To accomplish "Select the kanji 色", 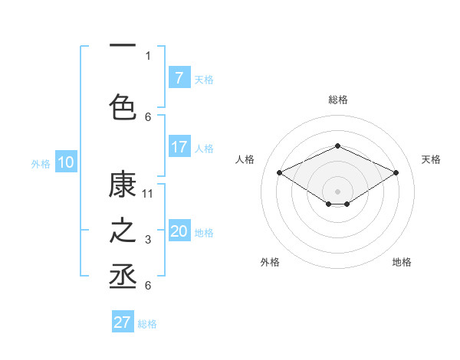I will click(x=123, y=106).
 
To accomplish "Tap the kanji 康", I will click(x=123, y=185).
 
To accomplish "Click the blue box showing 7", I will click(x=179, y=78).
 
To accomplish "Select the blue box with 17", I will click(x=179, y=147).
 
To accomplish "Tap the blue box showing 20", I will click(x=179, y=232).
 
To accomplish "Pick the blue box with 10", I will click(x=66, y=162).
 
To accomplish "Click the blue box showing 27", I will click(x=123, y=322).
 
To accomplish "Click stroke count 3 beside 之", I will click(x=148, y=241).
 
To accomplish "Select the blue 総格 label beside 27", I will click(x=147, y=323).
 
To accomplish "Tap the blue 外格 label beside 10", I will click(x=41, y=163).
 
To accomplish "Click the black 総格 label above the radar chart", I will click(x=337, y=100).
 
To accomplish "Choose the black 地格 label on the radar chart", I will click(x=402, y=262).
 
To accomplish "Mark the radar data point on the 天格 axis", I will click(x=396, y=173).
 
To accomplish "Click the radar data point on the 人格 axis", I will click(x=280, y=173).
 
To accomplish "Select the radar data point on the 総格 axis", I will click(x=337, y=146).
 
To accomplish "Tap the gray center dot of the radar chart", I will click(x=337, y=191).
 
